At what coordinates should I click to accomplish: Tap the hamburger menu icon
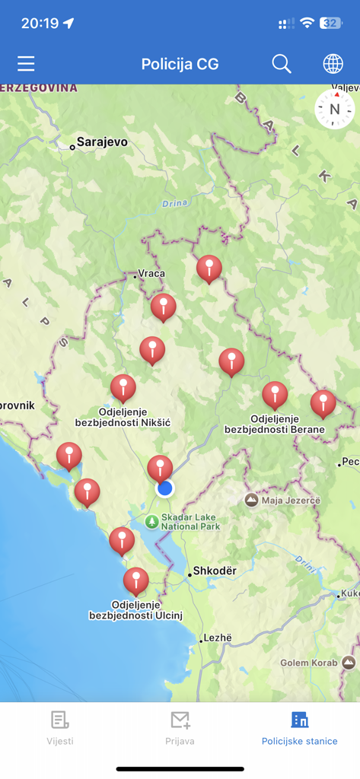[x=26, y=64]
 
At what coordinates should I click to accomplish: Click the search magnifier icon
[x=282, y=64]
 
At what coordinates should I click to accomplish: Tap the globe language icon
[x=333, y=64]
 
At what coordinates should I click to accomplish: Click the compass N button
[x=335, y=110]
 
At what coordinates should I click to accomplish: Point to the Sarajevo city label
[x=101, y=142]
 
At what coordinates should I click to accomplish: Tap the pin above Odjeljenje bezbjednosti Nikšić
[x=123, y=388]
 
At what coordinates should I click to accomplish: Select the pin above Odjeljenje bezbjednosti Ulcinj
[x=136, y=581]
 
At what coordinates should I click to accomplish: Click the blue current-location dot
[x=165, y=488]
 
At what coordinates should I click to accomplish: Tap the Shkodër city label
[x=215, y=571]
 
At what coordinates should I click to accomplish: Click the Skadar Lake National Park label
[x=190, y=522]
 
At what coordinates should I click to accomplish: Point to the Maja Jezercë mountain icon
[x=251, y=501]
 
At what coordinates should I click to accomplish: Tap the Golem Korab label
[x=304, y=663]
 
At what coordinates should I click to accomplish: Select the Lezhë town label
[x=216, y=638]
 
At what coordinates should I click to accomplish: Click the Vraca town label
[x=151, y=274]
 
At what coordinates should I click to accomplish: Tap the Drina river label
[x=175, y=203]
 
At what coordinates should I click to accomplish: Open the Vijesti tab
[x=60, y=727]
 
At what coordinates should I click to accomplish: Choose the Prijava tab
[x=180, y=727]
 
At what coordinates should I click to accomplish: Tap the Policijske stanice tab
[x=299, y=727]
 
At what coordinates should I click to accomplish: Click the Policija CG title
[x=180, y=64]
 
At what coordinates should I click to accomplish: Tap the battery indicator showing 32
[x=330, y=24]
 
